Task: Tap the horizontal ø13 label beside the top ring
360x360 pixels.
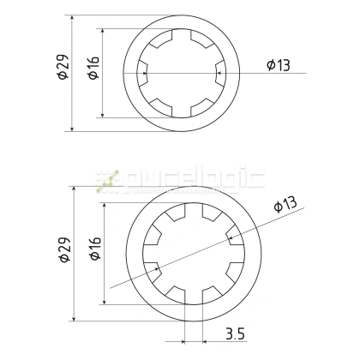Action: click(x=279, y=66)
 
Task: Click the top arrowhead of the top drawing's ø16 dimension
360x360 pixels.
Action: click(x=103, y=32)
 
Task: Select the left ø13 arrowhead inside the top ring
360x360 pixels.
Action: click(x=145, y=73)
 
